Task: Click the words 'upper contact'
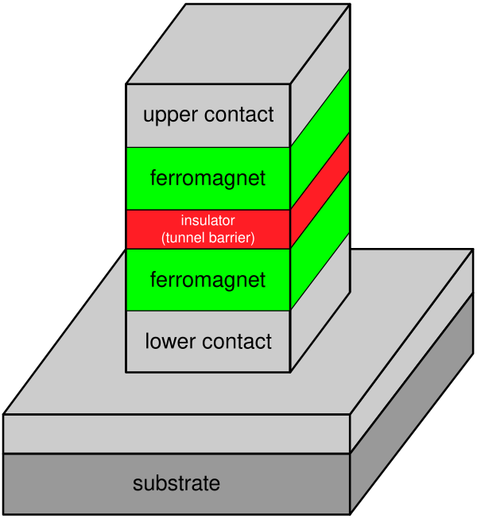click(x=208, y=114)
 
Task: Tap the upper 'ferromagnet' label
click(x=208, y=178)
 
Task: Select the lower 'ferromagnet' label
click(x=208, y=280)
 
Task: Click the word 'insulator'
click(x=208, y=220)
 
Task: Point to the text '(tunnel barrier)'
click(x=208, y=237)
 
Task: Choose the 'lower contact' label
click(x=208, y=342)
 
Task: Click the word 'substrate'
click(x=176, y=483)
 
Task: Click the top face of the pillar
click(x=238, y=44)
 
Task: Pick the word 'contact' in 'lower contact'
click(x=235, y=343)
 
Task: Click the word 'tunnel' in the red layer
click(x=185, y=237)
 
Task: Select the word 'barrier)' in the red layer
click(x=233, y=237)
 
